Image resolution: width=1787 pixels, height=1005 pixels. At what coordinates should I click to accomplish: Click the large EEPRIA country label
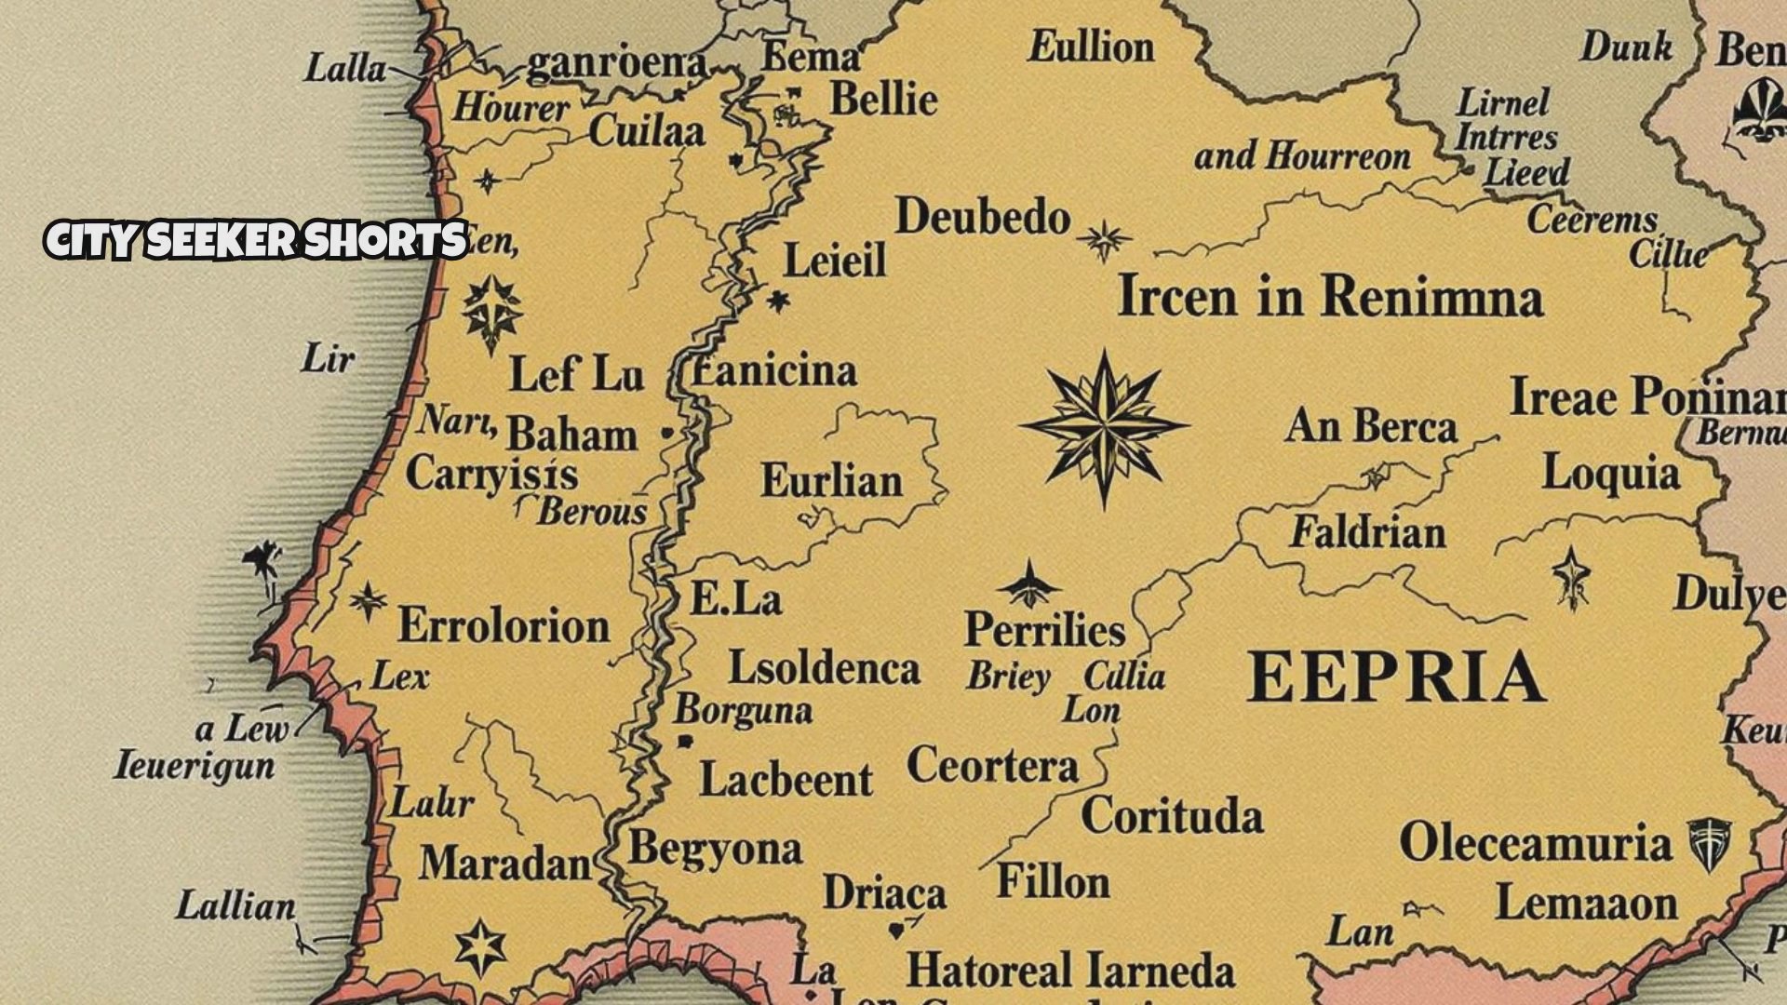click(1396, 677)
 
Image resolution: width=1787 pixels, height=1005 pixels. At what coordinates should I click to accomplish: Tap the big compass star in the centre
click(1105, 429)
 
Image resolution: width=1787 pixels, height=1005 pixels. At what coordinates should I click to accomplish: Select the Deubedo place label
click(982, 218)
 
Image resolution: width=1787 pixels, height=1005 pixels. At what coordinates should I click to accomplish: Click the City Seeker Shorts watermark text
click(256, 240)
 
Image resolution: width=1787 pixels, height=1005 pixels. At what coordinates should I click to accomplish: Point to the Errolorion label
click(504, 625)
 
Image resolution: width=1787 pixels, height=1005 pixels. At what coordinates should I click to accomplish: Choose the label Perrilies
click(1044, 630)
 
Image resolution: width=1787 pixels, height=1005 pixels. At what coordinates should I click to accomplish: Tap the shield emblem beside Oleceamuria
click(1710, 843)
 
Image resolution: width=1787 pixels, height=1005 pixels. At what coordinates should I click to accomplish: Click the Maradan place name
click(504, 864)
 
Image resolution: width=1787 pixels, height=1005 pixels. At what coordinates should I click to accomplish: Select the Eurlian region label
click(831, 481)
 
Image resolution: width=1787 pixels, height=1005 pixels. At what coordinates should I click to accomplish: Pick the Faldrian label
click(1367, 533)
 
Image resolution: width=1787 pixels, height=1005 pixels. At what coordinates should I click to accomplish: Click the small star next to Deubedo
click(1105, 241)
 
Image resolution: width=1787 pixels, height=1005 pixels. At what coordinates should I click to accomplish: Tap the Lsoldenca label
click(824, 668)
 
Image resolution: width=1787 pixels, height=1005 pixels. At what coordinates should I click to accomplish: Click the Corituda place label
click(1172, 816)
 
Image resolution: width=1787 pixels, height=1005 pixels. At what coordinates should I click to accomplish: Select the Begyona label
click(715, 850)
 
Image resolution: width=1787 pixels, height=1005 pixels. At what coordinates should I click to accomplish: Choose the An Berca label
click(1370, 427)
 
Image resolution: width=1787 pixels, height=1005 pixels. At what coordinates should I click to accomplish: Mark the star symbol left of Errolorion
click(369, 601)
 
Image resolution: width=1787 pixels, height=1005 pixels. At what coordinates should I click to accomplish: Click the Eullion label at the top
click(1091, 47)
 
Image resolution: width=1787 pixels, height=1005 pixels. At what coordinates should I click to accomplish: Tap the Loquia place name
click(1610, 473)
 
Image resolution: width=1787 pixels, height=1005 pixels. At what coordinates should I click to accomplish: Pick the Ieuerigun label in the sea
click(195, 766)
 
